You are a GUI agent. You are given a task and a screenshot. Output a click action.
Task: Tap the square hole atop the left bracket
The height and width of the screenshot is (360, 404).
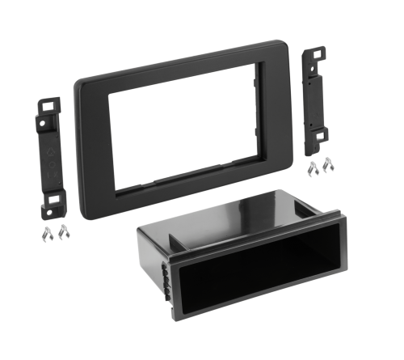(48, 104)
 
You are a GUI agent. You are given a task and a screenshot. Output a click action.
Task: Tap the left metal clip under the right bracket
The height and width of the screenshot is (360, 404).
(312, 168)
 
